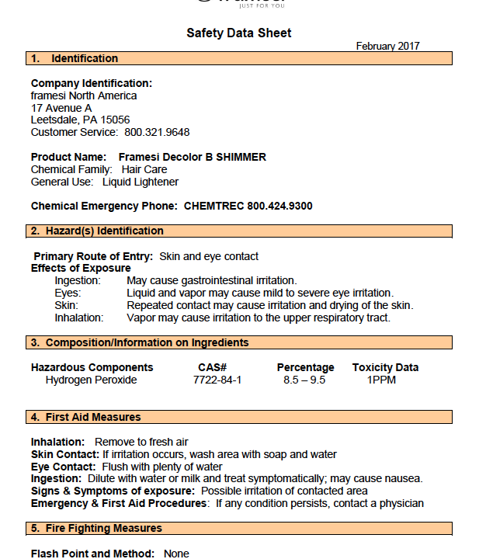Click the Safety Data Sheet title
238,33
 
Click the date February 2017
387,46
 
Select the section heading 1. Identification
75,58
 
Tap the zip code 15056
114,120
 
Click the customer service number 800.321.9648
158,132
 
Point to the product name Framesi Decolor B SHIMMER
192,157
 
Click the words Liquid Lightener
140,182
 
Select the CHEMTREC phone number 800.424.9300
279,206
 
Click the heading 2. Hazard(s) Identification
97,231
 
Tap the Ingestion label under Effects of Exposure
78,280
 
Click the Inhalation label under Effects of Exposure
79,318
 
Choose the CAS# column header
212,367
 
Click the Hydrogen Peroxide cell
91,380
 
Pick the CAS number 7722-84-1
217,380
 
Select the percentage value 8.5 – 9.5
304,380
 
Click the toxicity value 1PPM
383,380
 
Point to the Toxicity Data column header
385,367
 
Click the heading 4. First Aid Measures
86,417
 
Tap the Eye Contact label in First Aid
64,467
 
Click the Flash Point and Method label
92,554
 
